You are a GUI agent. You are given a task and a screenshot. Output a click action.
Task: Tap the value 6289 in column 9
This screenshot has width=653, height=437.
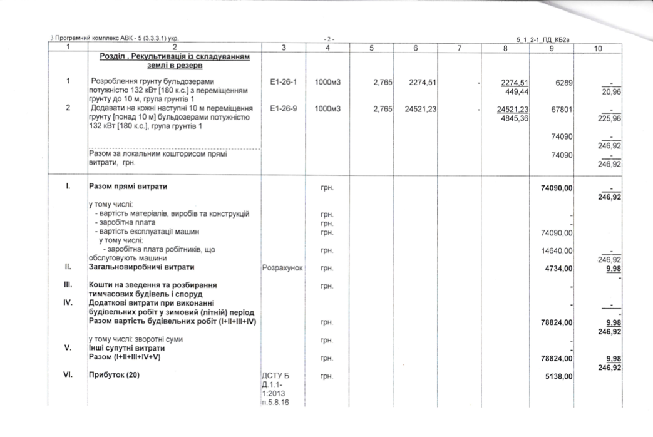point(565,82)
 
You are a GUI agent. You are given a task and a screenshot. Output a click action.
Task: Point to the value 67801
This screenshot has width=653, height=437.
point(563,108)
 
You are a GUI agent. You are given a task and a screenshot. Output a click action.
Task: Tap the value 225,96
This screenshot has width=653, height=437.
point(604,117)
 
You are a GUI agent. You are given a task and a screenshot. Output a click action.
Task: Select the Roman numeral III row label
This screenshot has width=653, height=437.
point(69,285)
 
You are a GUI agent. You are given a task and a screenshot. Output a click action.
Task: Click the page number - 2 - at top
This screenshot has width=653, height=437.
point(329,39)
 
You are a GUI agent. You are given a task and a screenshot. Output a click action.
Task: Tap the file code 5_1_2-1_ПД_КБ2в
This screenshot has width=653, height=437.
point(542,40)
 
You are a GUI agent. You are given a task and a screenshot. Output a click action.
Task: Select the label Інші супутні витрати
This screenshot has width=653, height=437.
point(126,348)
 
